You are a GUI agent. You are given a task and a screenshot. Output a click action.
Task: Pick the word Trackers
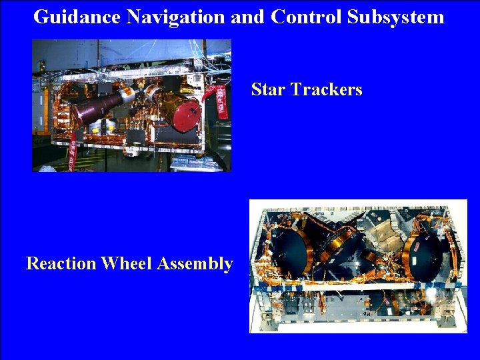[x=326, y=89]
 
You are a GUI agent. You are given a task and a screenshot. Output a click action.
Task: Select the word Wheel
[x=126, y=264]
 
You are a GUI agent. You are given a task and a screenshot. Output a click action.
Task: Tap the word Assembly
[x=195, y=264]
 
